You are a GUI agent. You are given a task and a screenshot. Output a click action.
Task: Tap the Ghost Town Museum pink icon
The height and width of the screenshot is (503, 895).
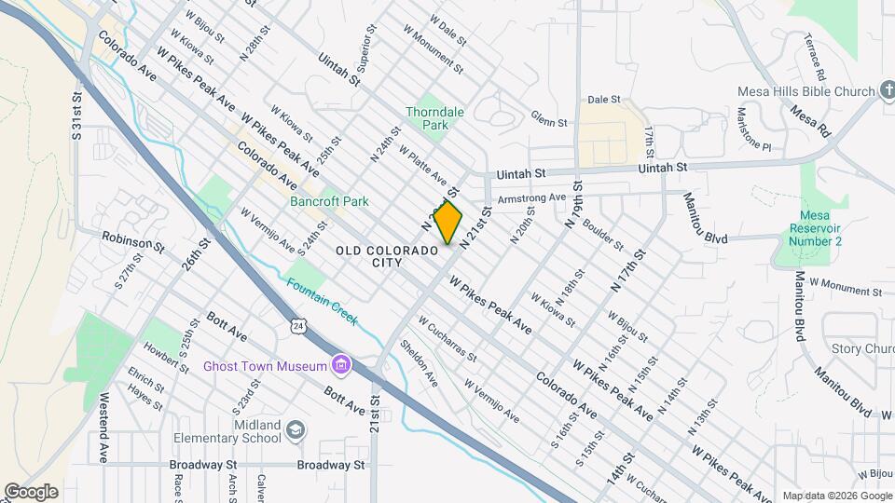(341, 364)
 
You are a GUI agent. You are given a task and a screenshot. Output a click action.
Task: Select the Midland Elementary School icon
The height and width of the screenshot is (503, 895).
(296, 430)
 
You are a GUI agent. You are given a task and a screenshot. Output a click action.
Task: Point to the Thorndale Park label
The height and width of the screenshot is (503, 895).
(434, 117)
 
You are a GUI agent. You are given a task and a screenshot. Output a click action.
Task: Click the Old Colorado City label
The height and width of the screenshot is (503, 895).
(388, 256)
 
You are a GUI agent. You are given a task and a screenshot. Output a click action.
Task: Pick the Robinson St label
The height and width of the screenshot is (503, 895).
(133, 241)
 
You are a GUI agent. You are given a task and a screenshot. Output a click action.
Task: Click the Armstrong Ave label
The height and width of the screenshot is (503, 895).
(531, 198)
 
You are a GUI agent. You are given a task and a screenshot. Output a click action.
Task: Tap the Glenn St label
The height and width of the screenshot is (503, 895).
(549, 122)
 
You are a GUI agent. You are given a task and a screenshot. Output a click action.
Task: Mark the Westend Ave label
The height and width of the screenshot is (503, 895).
(102, 429)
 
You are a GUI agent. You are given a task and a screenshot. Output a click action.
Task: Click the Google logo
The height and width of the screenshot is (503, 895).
(31, 491)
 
